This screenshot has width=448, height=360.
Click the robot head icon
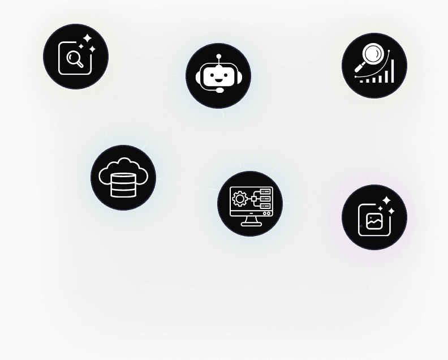pyautogui.click(x=218, y=76)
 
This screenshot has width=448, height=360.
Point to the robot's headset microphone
pyautogui.click(x=219, y=90)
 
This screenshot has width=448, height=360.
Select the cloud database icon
pyautogui.click(x=123, y=178)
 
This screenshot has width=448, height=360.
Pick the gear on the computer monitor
pyautogui.click(x=240, y=199)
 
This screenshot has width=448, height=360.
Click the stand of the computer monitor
pyautogui.click(x=250, y=221)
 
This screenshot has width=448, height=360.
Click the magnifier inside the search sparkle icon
pyautogui.click(x=74, y=58)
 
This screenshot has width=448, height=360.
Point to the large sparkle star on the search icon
pyautogui.click(x=87, y=38)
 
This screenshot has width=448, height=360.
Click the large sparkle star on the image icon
pyautogui.click(x=386, y=202)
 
